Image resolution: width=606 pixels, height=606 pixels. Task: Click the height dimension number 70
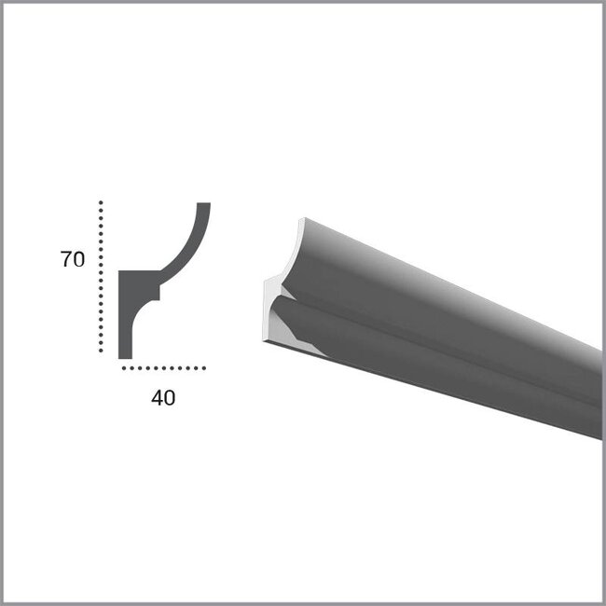pyautogui.click(x=73, y=260)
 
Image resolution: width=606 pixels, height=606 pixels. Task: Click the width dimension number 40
pyautogui.click(x=162, y=398)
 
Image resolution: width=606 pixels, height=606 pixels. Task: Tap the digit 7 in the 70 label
pyautogui.click(x=66, y=260)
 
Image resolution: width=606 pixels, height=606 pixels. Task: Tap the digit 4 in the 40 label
pyautogui.click(x=156, y=398)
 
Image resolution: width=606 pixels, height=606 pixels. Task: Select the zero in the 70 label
pyautogui.click(x=79, y=260)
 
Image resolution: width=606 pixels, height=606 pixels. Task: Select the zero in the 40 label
pyautogui.click(x=169, y=398)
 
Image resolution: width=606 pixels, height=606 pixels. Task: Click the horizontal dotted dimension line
pyautogui.click(x=164, y=368)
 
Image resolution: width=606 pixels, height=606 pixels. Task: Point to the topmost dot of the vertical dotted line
pyautogui.click(x=101, y=202)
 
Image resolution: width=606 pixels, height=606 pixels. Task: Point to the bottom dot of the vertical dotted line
pyautogui.click(x=101, y=351)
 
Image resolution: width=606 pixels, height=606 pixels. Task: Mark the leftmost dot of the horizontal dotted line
pyautogui.click(x=125, y=368)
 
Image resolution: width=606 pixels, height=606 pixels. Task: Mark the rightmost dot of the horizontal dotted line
pyautogui.click(x=203, y=368)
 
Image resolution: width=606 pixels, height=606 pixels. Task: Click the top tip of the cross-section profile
pyautogui.click(x=204, y=206)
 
